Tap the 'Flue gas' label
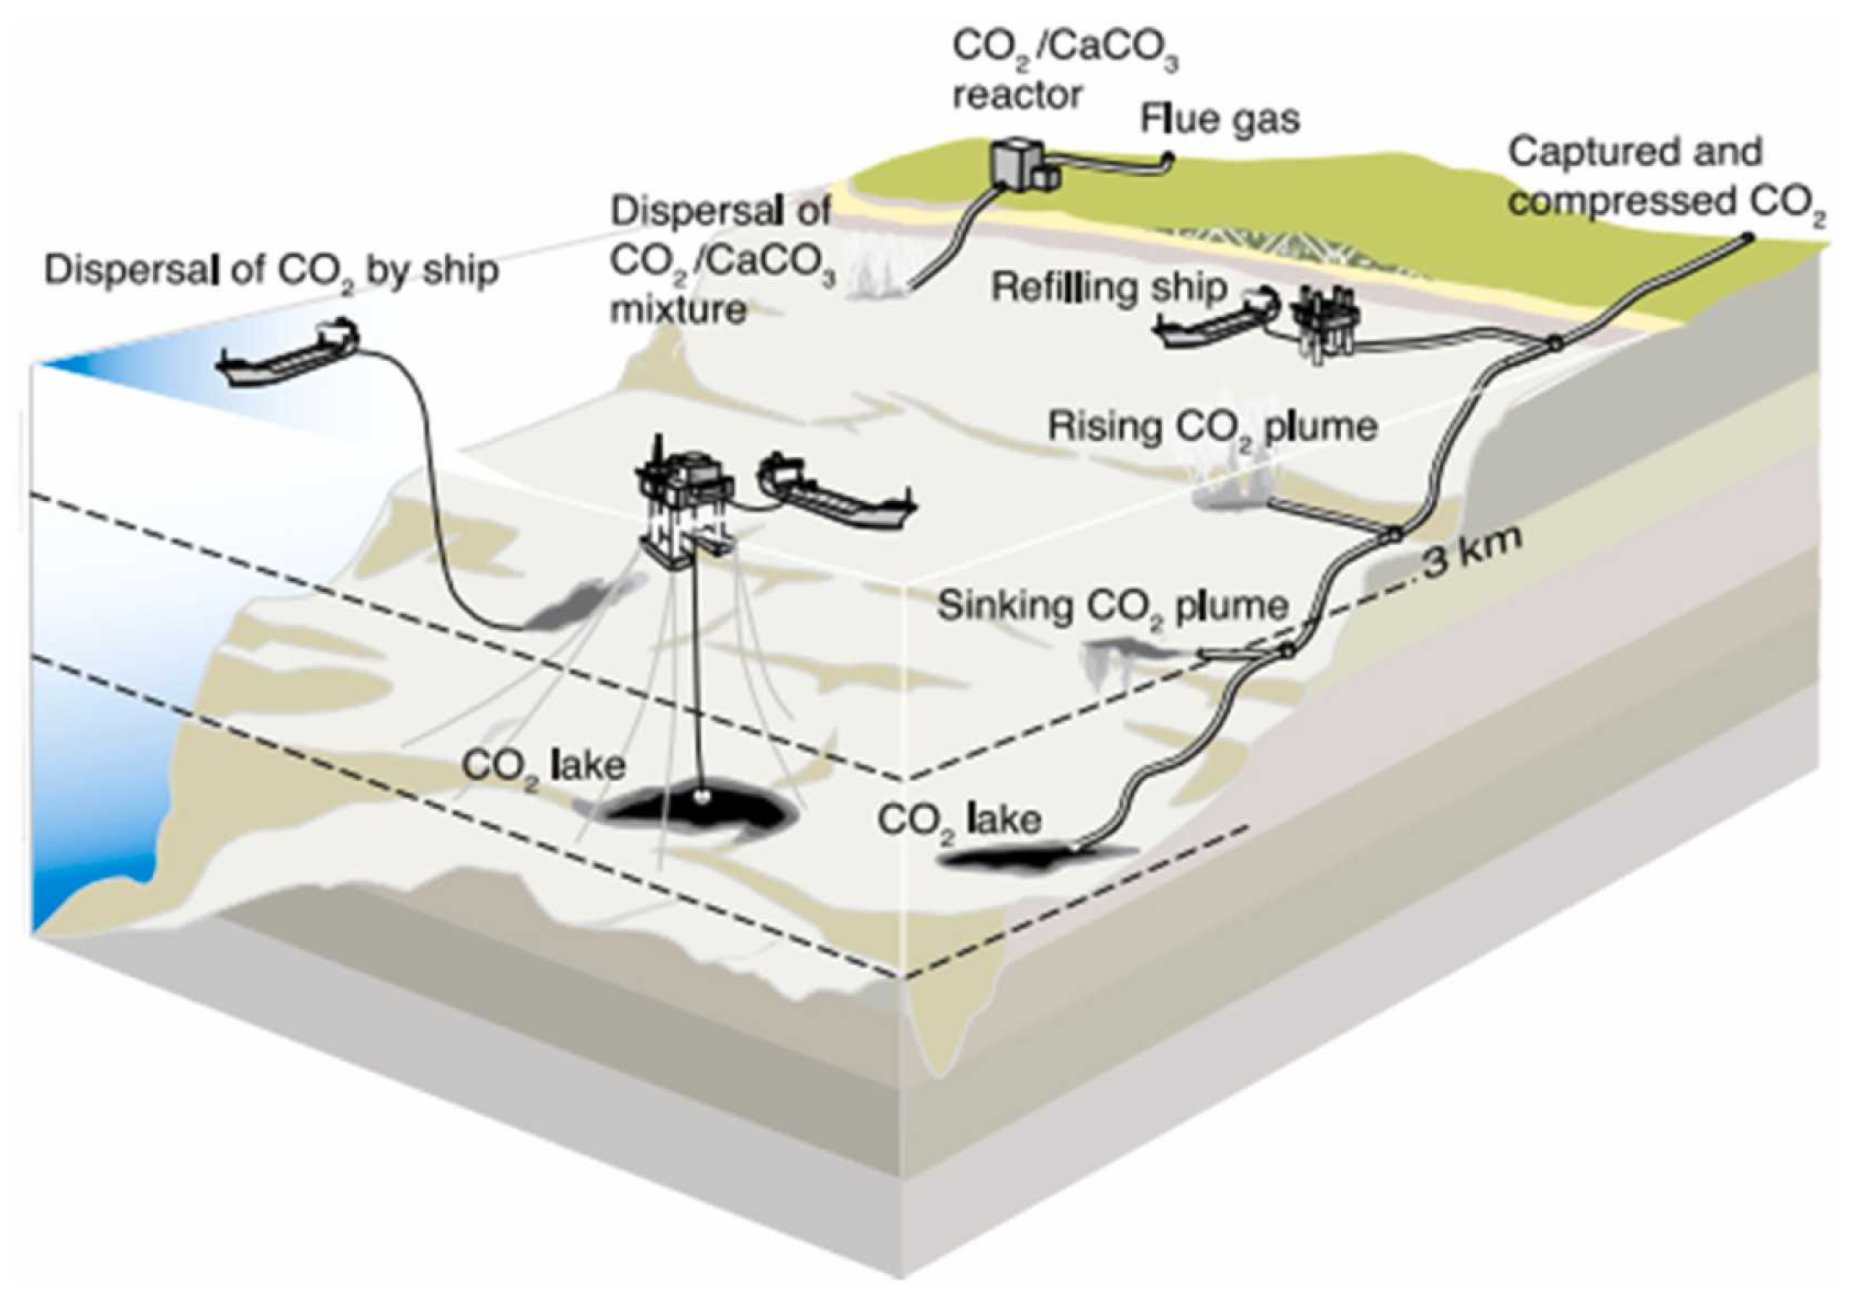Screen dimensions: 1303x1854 tap(1219, 119)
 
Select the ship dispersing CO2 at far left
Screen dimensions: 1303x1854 tap(288, 354)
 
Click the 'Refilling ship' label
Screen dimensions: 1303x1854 tap(1108, 288)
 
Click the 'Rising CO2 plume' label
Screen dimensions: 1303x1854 tap(1212, 427)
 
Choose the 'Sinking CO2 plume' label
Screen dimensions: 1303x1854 tap(1112, 606)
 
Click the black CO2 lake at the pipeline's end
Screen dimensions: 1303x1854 tap(1031, 856)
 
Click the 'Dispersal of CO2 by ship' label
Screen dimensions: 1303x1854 tap(271, 272)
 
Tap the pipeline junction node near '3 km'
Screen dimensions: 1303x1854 tap(1393, 535)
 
